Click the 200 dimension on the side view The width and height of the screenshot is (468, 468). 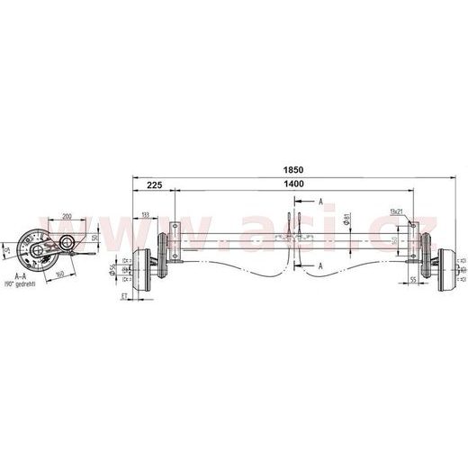click(x=67, y=217)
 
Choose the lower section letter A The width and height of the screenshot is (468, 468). click(x=321, y=265)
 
